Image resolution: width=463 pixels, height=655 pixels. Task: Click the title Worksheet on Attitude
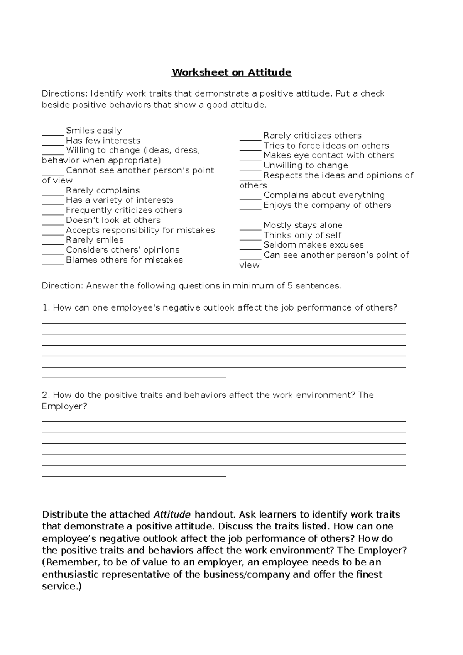231,73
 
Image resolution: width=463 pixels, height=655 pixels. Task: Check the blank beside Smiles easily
53,132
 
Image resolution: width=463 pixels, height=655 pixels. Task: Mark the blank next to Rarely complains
53,192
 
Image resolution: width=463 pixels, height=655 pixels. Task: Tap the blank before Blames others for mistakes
53,262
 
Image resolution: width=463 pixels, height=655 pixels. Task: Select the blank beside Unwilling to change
250,167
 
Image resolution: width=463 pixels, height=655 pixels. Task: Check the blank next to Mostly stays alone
250,227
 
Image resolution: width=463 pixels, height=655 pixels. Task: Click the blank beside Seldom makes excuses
250,247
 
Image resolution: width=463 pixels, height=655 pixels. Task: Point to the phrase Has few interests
103,141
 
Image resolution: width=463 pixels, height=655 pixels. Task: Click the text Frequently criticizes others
124,210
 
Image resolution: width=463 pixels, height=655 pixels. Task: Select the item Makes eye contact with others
329,155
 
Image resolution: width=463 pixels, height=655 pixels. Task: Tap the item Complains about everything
324,195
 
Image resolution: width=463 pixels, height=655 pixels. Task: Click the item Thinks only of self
302,235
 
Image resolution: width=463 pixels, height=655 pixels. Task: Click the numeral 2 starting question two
45,395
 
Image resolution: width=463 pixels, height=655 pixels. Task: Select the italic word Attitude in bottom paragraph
172,514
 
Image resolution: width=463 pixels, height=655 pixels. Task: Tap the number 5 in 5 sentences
290,286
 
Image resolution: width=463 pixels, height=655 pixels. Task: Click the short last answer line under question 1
133,378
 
